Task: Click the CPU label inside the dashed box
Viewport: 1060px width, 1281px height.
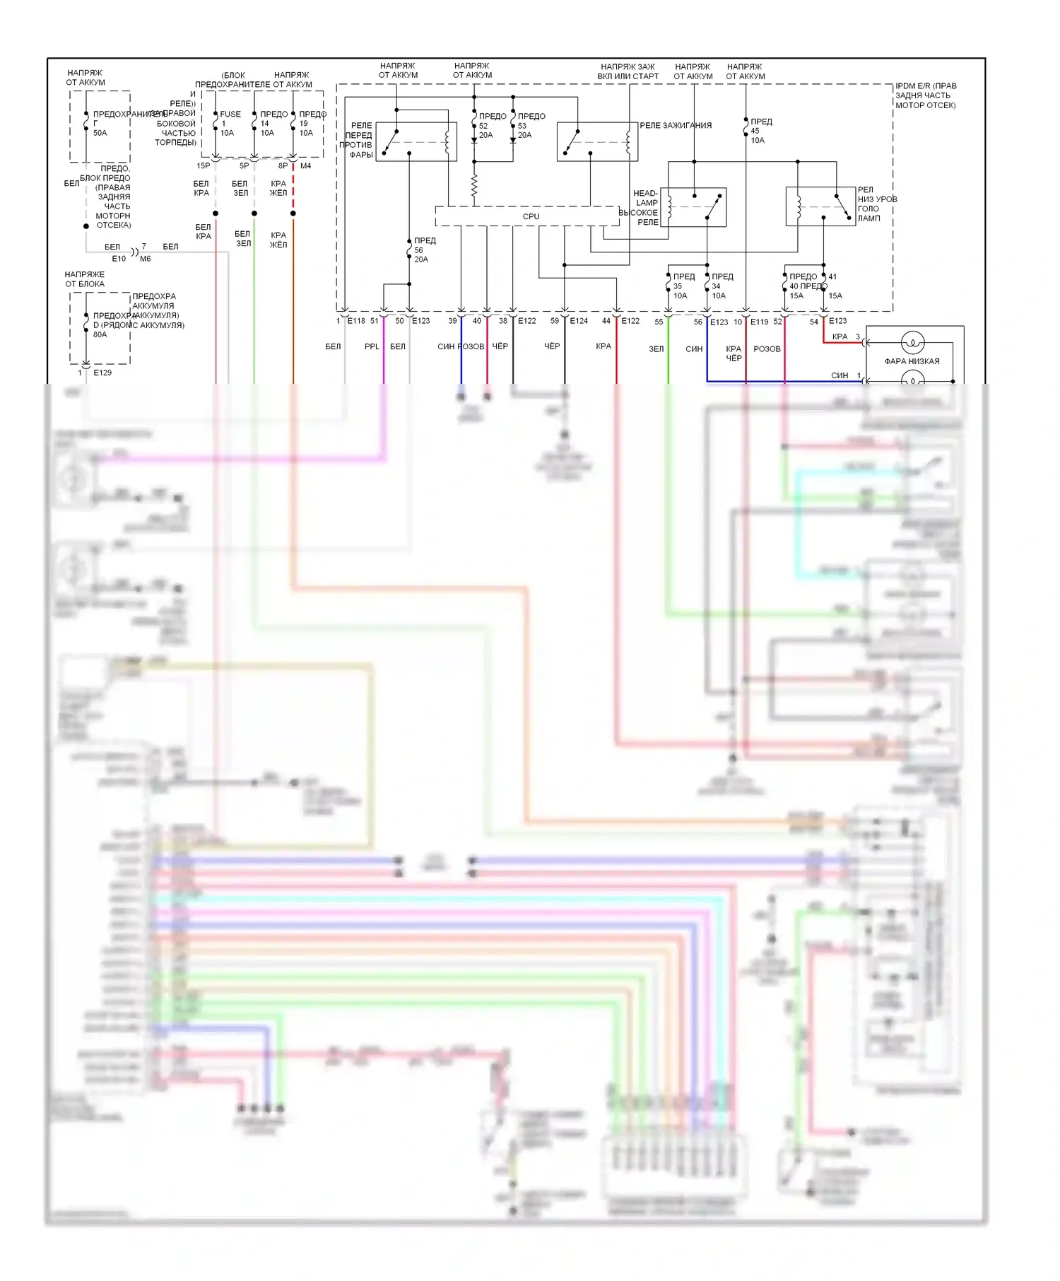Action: pos(531,216)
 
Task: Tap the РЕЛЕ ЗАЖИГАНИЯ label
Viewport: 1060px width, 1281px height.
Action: pos(676,125)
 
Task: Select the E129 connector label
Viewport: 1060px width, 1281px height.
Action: pos(102,373)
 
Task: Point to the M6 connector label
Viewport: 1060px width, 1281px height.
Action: pos(146,259)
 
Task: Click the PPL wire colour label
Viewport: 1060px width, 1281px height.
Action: pos(372,346)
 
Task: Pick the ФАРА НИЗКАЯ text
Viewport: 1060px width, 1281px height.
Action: pos(912,361)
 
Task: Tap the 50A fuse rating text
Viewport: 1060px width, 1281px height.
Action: pos(100,133)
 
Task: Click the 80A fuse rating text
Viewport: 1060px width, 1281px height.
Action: pos(100,334)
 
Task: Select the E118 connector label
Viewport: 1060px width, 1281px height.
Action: pos(356,321)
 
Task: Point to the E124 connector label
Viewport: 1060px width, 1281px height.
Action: pos(579,321)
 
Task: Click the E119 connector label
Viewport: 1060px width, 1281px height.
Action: pos(759,322)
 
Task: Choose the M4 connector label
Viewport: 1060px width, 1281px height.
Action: pos(306,166)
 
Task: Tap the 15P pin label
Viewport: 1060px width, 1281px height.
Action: pos(203,166)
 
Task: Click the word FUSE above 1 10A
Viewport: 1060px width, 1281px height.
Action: pos(230,114)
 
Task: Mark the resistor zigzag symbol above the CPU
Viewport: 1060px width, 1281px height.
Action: pos(474,186)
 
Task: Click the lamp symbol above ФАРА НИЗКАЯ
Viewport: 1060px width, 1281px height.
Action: pos(912,343)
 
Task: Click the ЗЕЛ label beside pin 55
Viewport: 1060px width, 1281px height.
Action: pos(656,349)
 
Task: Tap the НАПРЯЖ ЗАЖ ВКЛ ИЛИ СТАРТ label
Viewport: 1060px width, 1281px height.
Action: pos(628,71)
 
